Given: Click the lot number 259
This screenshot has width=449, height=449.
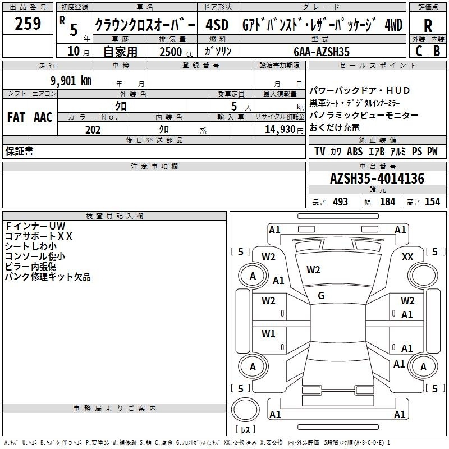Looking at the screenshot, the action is pyautogui.click(x=28, y=24).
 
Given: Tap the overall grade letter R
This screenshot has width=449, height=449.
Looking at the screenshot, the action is pyautogui.click(x=428, y=25).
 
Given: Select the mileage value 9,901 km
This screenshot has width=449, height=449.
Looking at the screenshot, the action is pyautogui.click(x=71, y=81).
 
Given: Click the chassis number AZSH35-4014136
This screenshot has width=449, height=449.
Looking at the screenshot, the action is pyautogui.click(x=377, y=178).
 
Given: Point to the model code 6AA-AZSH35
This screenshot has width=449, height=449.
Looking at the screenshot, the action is pyautogui.click(x=322, y=52).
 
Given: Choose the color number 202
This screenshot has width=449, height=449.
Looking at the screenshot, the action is pyautogui.click(x=93, y=130).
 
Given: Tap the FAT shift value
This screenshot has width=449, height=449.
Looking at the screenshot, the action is pyautogui.click(x=16, y=117).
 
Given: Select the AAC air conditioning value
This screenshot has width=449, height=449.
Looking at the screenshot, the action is pyautogui.click(x=43, y=117).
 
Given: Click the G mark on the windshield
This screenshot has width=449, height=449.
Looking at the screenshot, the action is pyautogui.click(x=321, y=296).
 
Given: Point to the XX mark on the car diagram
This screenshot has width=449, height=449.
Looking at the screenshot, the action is pyautogui.click(x=407, y=257).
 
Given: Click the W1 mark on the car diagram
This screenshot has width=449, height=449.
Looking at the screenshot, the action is pyautogui.click(x=268, y=333).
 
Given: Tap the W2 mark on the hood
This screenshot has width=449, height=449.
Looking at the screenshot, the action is pyautogui.click(x=313, y=270).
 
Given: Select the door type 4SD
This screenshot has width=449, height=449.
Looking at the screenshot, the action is pyautogui.click(x=217, y=25).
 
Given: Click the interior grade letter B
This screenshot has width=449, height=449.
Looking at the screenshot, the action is pyautogui.click(x=437, y=51).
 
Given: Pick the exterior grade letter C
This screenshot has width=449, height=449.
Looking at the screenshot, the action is pyautogui.click(x=419, y=51).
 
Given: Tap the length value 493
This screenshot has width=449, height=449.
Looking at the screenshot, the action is pyautogui.click(x=341, y=201).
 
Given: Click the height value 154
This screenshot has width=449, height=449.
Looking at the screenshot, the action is pyautogui.click(x=433, y=201).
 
